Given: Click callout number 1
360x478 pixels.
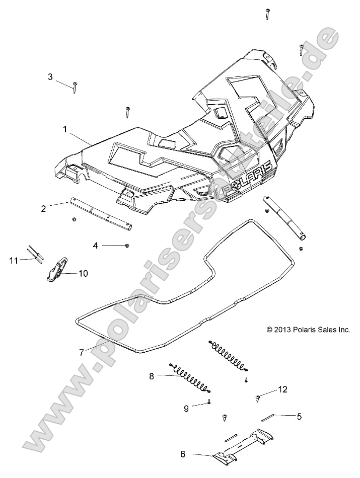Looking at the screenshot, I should (65, 129).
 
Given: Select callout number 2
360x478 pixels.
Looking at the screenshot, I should (58, 208).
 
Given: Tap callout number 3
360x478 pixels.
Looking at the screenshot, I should (50, 77).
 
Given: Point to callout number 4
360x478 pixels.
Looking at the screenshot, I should (95, 246).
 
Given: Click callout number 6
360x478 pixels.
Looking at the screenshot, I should (183, 454).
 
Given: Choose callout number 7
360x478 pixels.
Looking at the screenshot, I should (81, 352).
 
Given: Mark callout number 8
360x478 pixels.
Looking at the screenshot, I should (137, 375).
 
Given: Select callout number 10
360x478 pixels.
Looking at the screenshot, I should (83, 273).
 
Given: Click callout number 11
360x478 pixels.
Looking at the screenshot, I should (14, 260).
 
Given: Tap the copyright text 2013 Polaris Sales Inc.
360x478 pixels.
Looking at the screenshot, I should (308, 330).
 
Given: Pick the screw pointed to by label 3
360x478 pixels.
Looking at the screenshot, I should (75, 87).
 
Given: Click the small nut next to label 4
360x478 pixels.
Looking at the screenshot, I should (127, 245).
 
